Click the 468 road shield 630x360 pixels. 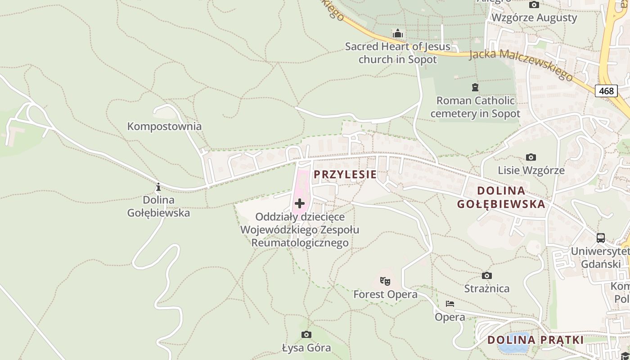(x=606, y=91)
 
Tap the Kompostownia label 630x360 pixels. (x=164, y=126)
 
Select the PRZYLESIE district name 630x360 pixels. (x=345, y=175)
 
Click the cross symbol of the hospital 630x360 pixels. (x=300, y=203)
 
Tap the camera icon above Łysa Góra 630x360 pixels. (x=306, y=334)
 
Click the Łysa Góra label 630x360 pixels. (x=306, y=348)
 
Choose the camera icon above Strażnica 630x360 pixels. (x=486, y=275)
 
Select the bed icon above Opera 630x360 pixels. (x=450, y=304)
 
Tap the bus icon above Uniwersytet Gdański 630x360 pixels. (x=601, y=238)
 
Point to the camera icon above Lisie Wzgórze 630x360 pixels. (x=531, y=157)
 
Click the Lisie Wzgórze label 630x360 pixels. (x=531, y=171)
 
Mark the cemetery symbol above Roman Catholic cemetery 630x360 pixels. (x=475, y=87)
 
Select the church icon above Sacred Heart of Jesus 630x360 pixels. (x=397, y=34)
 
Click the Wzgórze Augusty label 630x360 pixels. (x=534, y=18)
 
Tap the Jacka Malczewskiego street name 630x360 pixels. (x=521, y=64)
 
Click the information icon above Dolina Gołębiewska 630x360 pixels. (x=158, y=187)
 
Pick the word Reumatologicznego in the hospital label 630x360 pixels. (x=300, y=243)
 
